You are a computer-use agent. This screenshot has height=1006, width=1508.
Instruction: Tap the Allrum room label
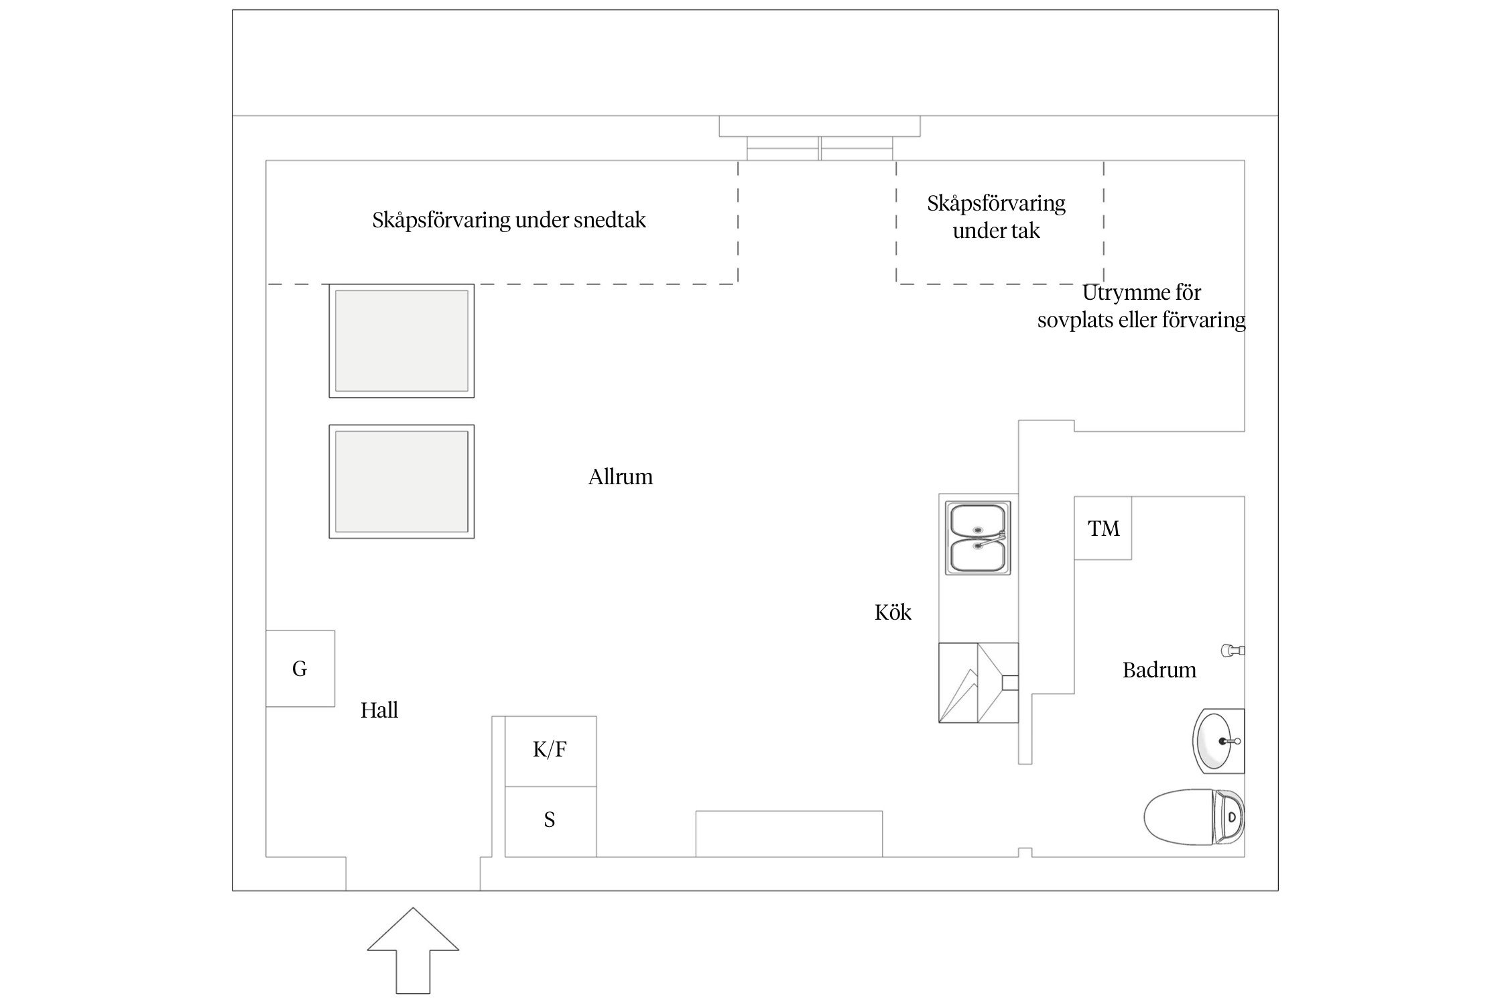click(x=620, y=477)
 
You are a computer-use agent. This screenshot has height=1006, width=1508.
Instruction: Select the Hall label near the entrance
click(x=379, y=710)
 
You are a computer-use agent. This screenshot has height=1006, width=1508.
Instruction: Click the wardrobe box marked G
click(x=300, y=669)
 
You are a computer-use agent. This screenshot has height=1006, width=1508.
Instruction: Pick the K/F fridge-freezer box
click(x=550, y=750)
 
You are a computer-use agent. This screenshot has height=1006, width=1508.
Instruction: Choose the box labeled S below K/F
click(x=550, y=820)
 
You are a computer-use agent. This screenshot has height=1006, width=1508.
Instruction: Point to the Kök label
click(x=893, y=612)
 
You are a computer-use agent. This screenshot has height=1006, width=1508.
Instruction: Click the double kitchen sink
click(x=978, y=538)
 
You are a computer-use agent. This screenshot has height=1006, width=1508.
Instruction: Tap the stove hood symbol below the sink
click(x=978, y=683)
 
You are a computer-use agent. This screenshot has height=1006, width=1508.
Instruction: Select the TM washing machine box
click(x=1103, y=528)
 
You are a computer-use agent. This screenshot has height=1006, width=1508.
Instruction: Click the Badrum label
click(x=1159, y=670)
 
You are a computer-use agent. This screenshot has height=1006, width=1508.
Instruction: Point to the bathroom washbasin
click(x=1218, y=740)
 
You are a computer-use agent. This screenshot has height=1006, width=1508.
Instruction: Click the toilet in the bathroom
click(x=1193, y=817)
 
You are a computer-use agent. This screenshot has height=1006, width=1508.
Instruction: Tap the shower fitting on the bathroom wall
click(x=1233, y=650)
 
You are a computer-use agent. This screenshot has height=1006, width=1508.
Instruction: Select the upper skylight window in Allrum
click(x=401, y=341)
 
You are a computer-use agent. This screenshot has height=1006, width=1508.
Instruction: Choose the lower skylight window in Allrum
click(x=401, y=482)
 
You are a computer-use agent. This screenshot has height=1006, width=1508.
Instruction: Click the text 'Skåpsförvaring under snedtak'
click(x=509, y=220)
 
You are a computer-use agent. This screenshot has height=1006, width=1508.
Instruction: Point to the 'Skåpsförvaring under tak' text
click(x=996, y=217)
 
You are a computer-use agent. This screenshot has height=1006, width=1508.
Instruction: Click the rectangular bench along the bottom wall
click(x=788, y=834)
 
